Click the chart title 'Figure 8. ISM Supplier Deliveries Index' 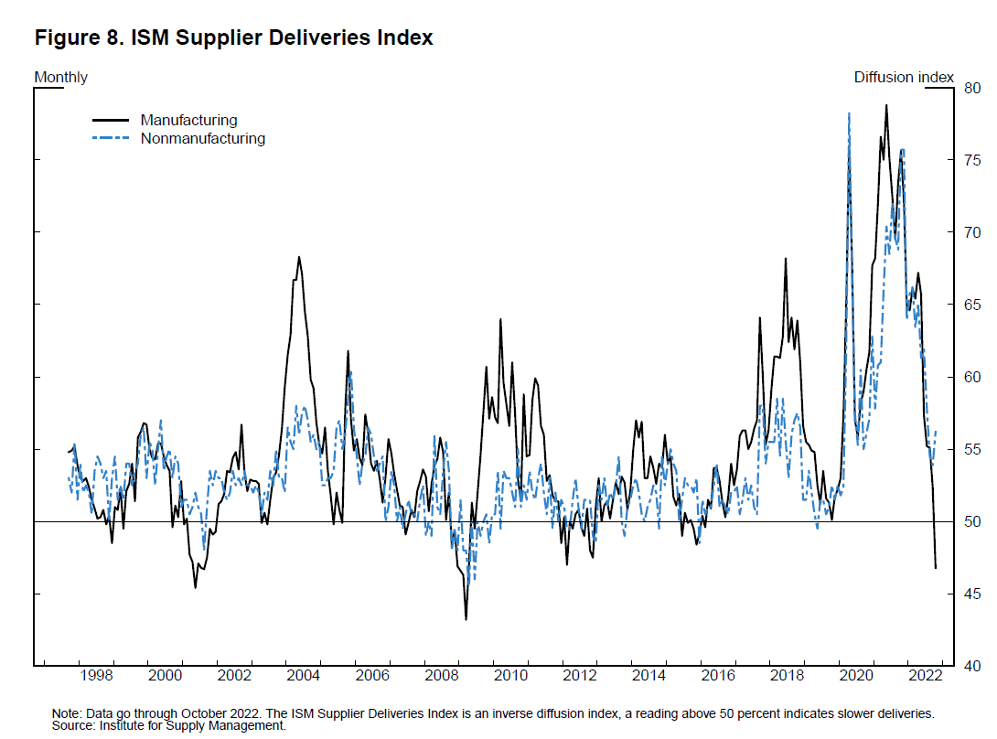pos(233,38)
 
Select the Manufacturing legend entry pos(188,120)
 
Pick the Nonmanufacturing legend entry pos(202,139)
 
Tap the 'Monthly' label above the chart pos(60,77)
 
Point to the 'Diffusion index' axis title pos(904,77)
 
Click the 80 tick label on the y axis pos(971,88)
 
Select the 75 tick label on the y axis pos(971,160)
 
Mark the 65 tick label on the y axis pos(971,305)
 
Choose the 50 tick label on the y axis pos(971,522)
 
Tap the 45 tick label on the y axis pos(971,594)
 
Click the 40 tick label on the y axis pos(971,666)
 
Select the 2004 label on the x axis pos(303,678)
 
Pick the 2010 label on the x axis pos(510,678)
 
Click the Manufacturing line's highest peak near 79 pos(885,105)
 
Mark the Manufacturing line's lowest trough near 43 pos(466,619)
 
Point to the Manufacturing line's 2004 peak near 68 pos(299,257)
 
